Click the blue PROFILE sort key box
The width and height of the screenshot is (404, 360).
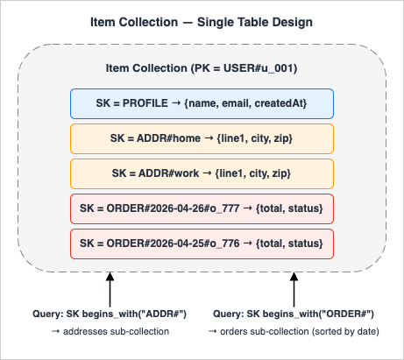click(202, 103)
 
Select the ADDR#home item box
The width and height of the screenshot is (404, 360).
click(202, 138)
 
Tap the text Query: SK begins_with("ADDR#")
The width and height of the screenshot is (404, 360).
click(110, 314)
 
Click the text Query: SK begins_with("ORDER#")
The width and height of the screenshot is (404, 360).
click(294, 314)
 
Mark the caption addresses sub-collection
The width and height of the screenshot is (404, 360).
click(110, 332)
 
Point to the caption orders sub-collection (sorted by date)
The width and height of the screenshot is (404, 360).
click(294, 332)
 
